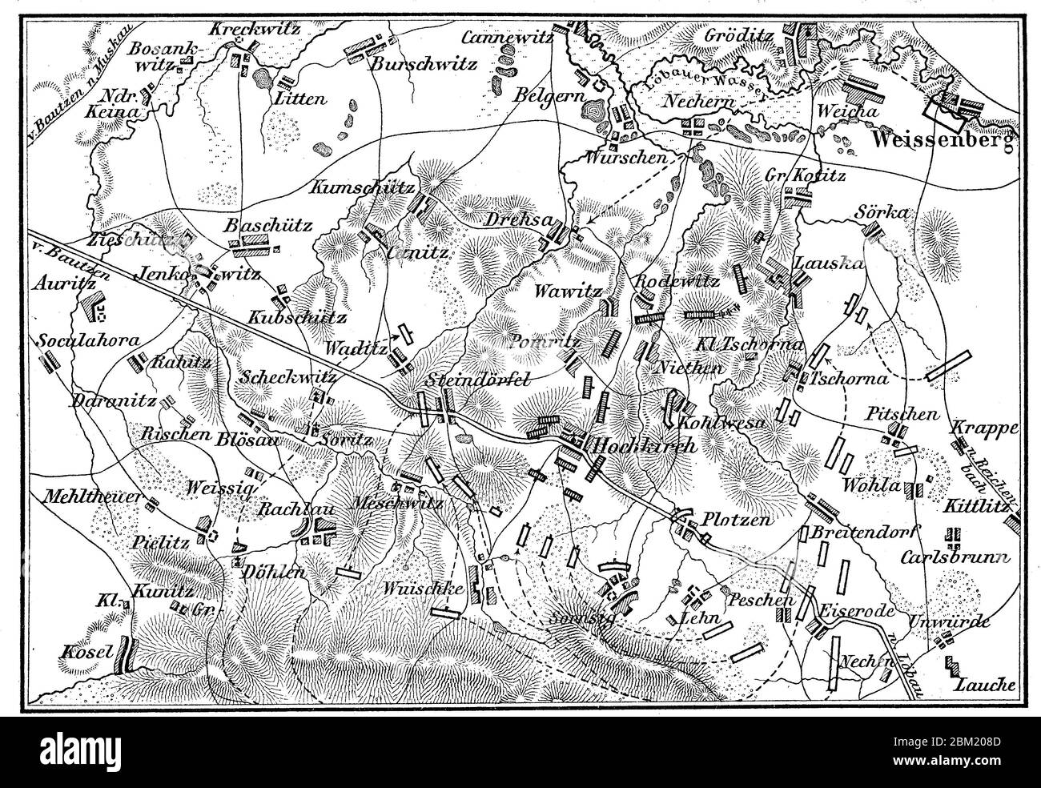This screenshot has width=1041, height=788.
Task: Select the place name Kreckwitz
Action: tap(255, 29)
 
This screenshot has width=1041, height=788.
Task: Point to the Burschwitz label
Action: tap(424, 64)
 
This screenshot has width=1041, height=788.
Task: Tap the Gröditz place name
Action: tap(740, 35)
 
